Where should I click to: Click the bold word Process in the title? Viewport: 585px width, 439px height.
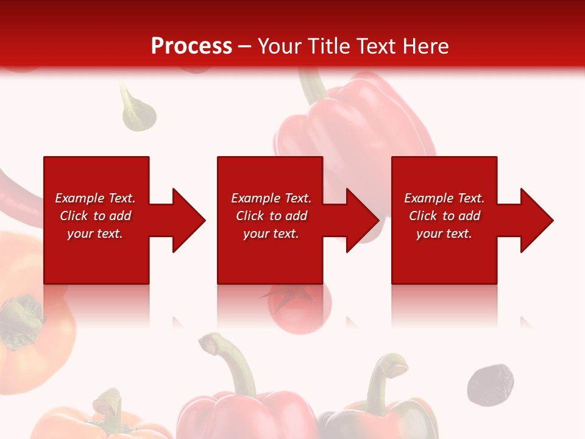point(191,46)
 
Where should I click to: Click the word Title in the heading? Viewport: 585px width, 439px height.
point(330,46)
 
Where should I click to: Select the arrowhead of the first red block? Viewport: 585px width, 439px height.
point(186,220)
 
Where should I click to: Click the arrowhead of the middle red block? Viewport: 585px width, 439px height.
point(361,220)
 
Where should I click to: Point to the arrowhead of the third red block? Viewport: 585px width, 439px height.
point(535,220)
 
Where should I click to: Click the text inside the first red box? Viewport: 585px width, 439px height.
point(95,216)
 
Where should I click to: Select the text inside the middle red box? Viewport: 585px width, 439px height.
point(271,216)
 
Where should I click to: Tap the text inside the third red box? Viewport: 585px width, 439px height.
point(444,216)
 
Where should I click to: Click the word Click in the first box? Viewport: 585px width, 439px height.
point(74,216)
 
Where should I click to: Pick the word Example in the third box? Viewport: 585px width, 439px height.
point(429,198)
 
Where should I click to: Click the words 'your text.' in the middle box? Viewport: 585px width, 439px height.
point(271,234)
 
